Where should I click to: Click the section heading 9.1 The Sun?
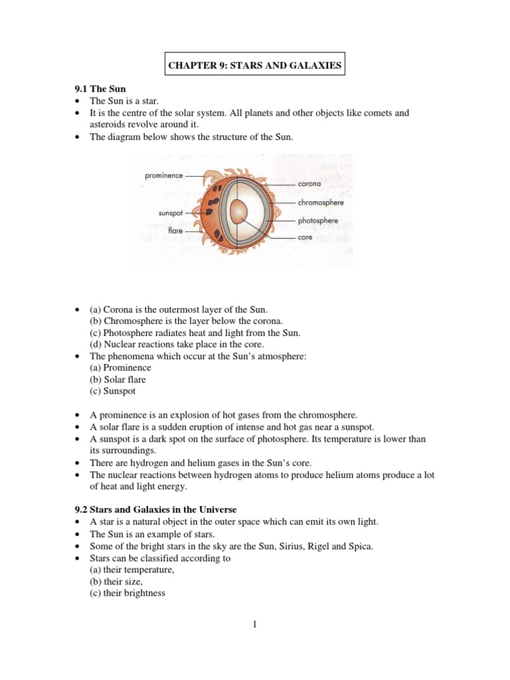point(99,88)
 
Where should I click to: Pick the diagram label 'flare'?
point(175,230)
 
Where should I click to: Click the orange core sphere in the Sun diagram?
point(238,212)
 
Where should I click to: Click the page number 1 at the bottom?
point(254,624)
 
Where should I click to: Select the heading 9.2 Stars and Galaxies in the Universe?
point(154,509)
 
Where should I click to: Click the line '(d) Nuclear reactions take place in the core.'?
point(177,344)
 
